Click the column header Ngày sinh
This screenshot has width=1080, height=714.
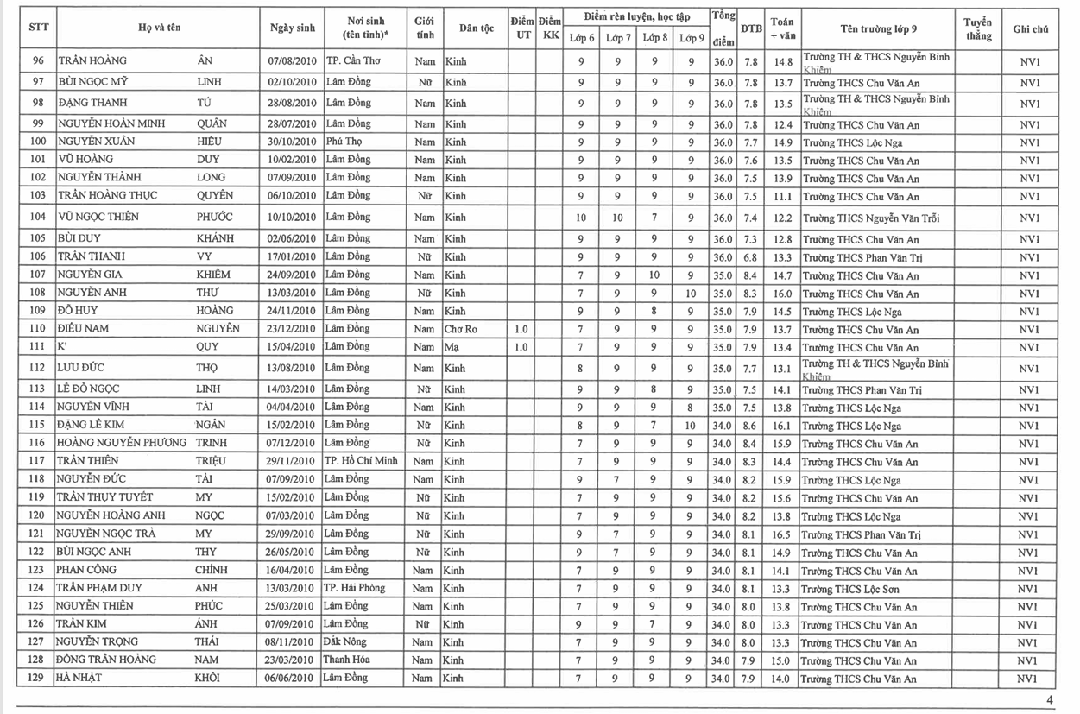(x=293, y=28)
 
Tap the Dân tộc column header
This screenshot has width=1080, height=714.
(x=476, y=28)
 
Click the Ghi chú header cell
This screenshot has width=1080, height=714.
(x=1030, y=28)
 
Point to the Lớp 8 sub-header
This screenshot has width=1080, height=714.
(x=654, y=38)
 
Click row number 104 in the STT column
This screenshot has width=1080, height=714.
(x=37, y=218)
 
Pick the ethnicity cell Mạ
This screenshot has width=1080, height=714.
(x=452, y=347)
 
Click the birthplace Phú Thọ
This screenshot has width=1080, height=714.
(x=344, y=142)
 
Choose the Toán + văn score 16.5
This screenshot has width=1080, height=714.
(x=781, y=534)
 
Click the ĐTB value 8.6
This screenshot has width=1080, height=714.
(x=751, y=426)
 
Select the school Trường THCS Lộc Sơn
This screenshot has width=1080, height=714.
(x=851, y=589)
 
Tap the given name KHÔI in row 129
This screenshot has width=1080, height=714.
(x=208, y=678)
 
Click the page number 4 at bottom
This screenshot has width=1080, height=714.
(x=1050, y=700)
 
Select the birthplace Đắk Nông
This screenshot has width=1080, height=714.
(x=346, y=641)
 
